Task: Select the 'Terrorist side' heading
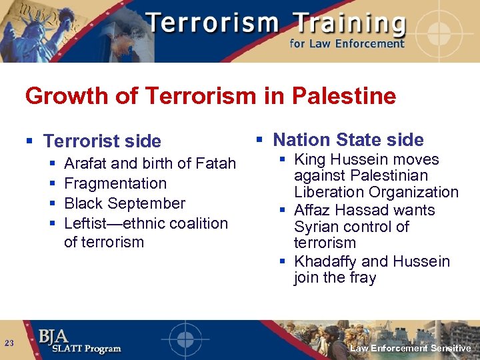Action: (x=102, y=141)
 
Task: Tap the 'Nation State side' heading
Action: (x=348, y=140)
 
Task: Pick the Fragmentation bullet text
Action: (x=115, y=183)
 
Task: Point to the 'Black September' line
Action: (x=125, y=203)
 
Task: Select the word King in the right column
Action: (x=311, y=160)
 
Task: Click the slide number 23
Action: (x=9, y=343)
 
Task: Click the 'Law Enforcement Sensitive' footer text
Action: (x=410, y=349)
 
